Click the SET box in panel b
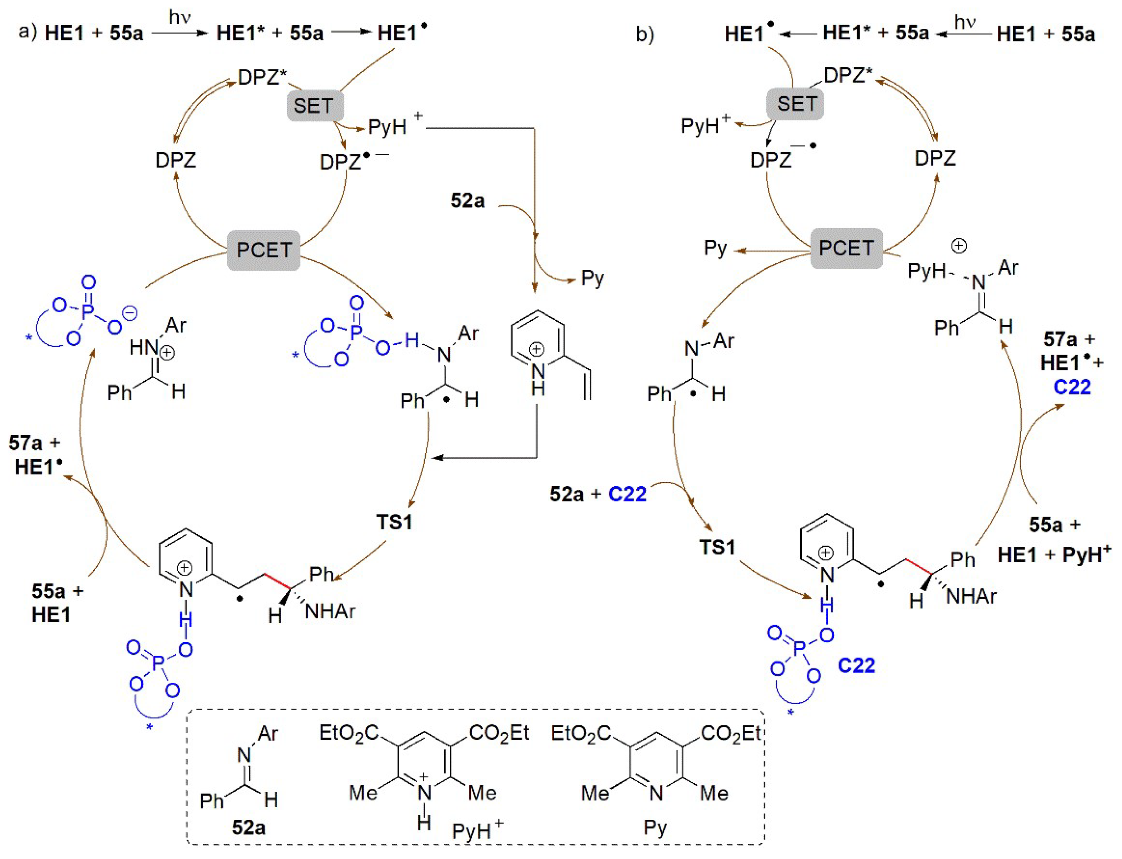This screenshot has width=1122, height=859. (x=796, y=104)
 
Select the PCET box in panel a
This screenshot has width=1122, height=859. (x=264, y=250)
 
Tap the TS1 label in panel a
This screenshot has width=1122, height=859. (x=394, y=522)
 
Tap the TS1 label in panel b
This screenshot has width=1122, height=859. (x=718, y=547)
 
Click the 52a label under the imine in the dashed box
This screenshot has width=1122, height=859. (x=249, y=827)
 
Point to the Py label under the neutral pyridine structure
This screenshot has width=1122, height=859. (x=655, y=827)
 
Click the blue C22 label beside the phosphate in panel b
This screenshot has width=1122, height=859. (x=857, y=665)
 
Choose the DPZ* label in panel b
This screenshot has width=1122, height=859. (x=848, y=76)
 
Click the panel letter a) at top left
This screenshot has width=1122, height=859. (x=28, y=32)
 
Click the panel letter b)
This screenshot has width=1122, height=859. (x=645, y=34)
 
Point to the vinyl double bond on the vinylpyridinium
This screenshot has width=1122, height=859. (x=587, y=386)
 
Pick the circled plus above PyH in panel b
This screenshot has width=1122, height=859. (x=958, y=246)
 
